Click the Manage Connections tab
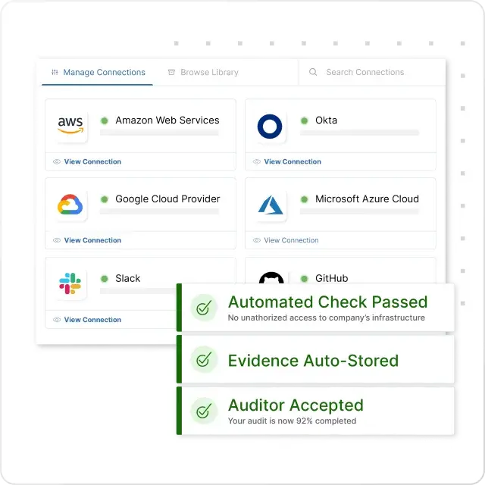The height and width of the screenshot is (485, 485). click(x=98, y=73)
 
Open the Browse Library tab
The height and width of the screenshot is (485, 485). click(x=203, y=73)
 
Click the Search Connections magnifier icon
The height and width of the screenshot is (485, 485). click(x=313, y=72)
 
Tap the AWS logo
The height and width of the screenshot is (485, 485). click(x=70, y=125)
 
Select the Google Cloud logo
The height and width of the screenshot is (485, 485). click(x=70, y=205)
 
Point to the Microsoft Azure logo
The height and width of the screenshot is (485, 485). click(x=271, y=205)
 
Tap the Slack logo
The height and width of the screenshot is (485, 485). click(x=70, y=283)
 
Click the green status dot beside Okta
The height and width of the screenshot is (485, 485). click(x=305, y=120)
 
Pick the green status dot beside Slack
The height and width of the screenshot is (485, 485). click(x=105, y=279)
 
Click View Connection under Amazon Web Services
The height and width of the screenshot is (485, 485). click(x=92, y=161)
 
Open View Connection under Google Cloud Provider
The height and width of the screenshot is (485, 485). click(x=92, y=240)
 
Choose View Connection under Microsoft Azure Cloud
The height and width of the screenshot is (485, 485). click(x=291, y=240)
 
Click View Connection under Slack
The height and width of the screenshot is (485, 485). click(x=92, y=320)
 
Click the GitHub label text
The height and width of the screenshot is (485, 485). click(x=332, y=278)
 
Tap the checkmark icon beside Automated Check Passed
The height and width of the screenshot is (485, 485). click(x=204, y=308)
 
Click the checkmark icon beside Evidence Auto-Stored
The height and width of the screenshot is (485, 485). click(x=204, y=359)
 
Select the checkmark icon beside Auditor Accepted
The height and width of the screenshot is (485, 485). click(x=204, y=411)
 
